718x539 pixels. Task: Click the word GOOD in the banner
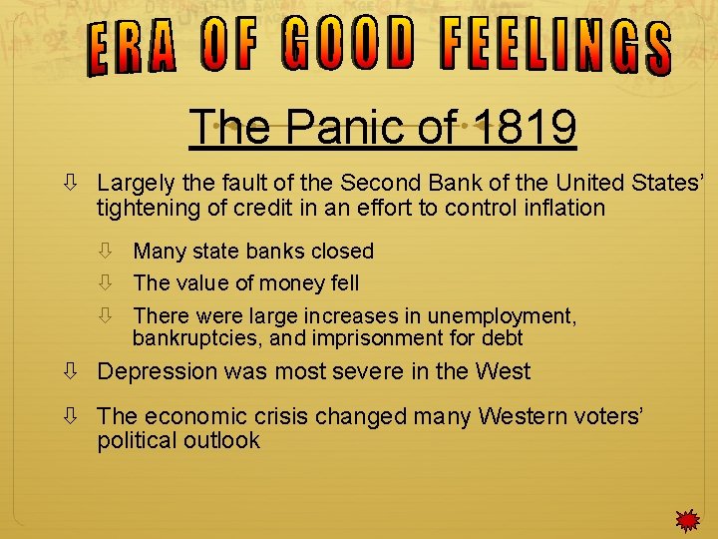348,44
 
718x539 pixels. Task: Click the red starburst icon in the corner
686,520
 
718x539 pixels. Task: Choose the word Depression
157,371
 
